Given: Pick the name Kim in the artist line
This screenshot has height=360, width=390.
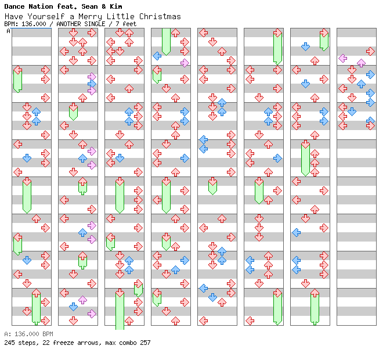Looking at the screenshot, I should point(114,6).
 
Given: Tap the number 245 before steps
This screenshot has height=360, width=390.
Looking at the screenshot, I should point(9,343).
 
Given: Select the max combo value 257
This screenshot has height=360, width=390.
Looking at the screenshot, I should point(145,343).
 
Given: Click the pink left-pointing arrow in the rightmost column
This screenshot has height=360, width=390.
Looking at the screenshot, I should point(342,58).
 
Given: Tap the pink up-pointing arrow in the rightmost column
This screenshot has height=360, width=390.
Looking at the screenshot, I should point(361,63).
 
